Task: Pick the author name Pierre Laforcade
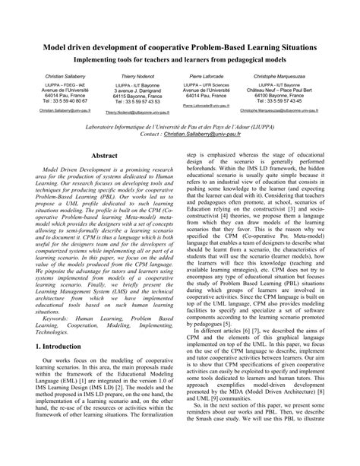pos(206,78)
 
